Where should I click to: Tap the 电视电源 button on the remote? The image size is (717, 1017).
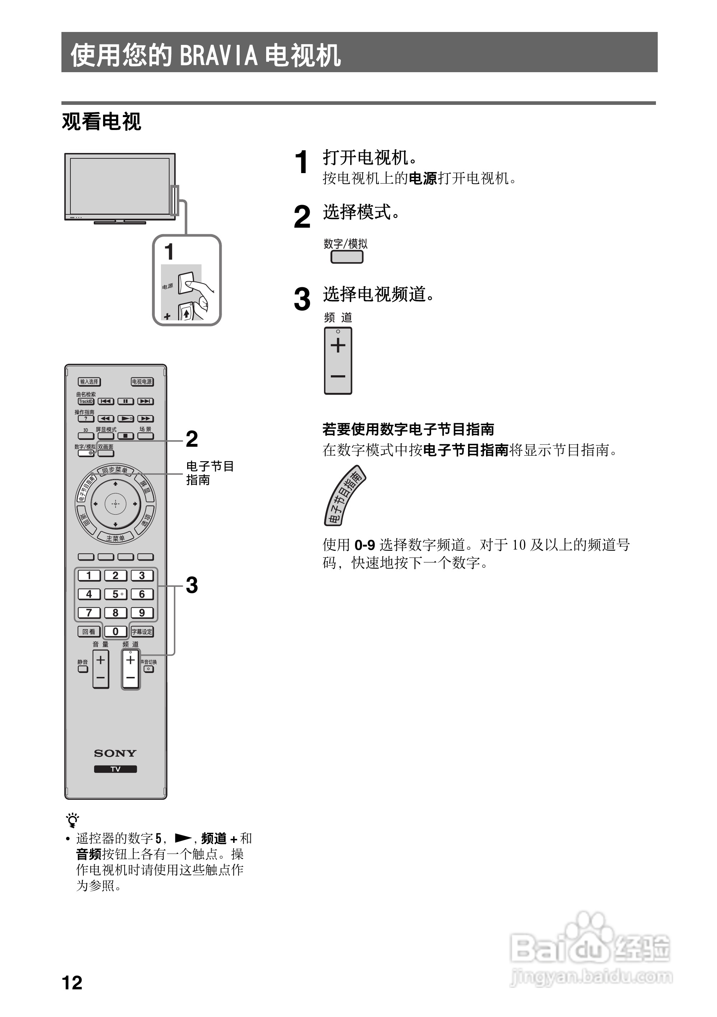142,381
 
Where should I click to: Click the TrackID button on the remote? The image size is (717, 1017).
86,401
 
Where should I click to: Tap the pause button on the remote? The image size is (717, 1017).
125,401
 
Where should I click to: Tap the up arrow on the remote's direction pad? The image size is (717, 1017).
116,484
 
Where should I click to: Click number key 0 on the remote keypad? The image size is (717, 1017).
115,632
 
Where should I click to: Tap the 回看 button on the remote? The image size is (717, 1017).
89,632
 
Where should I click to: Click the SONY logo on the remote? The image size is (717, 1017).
115,753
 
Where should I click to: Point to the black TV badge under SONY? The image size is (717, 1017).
115,769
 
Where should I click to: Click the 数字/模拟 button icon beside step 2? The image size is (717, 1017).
347,257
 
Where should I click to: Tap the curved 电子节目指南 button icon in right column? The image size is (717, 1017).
345,496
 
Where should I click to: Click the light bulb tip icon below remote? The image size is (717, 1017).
72,820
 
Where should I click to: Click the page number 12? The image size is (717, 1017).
72,983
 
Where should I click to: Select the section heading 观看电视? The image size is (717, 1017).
101,121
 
